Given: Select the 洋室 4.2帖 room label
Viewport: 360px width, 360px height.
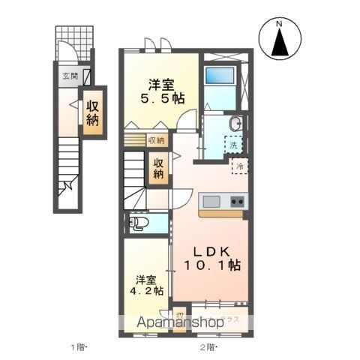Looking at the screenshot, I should pos(146,286).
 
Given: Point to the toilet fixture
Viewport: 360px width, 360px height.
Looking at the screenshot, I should pos(139,223).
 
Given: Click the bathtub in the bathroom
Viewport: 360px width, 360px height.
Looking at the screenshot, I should pos(220,77).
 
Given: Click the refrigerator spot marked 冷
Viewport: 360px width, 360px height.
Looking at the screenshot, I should pos(239,167).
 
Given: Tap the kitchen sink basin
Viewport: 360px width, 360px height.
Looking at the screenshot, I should pos(211,201).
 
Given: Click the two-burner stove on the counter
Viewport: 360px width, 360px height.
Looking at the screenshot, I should pos(236,201).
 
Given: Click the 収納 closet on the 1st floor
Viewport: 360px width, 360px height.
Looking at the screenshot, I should pos(93,111).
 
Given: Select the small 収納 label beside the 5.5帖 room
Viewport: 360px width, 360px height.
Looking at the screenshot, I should pos(156,139).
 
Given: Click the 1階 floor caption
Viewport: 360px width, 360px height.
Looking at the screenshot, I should pos(79,346).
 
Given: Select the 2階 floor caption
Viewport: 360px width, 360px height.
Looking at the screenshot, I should pos(207,346).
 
